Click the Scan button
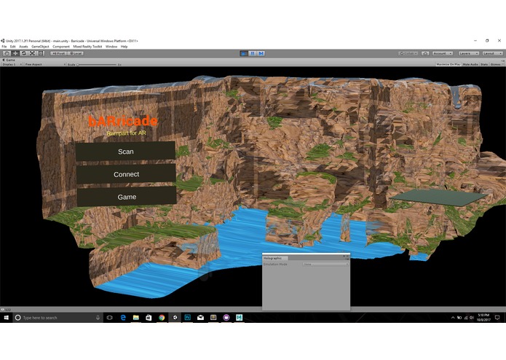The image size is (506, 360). [125, 152]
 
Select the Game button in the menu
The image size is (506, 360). [126, 197]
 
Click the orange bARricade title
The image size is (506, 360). [122, 121]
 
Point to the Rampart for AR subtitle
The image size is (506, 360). [127, 133]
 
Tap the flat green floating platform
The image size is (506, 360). [437, 197]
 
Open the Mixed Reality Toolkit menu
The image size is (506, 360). [87, 46]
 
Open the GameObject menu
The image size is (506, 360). [40, 46]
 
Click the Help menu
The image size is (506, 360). [124, 46]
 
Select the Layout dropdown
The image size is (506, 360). [491, 53]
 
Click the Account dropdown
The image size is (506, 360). [442, 53]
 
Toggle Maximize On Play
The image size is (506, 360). [448, 64]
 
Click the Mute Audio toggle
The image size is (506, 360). [472, 64]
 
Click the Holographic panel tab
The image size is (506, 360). [272, 258]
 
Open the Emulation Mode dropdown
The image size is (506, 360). [324, 264]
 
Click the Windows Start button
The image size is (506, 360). [6, 318]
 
